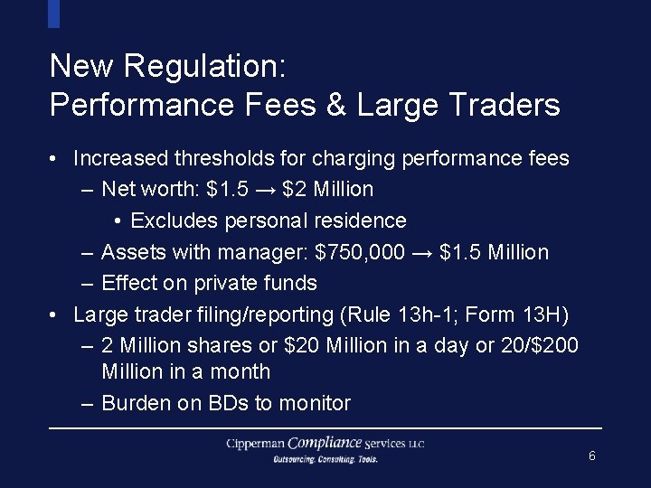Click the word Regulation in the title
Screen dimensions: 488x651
click(x=204, y=66)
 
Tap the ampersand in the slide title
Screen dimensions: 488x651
click(x=335, y=106)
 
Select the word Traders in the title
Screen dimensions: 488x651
click(x=504, y=106)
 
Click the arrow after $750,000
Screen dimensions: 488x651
click(x=422, y=253)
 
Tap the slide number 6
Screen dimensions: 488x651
click(x=591, y=456)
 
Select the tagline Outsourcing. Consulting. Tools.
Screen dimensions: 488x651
click(x=325, y=459)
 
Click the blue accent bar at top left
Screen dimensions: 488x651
click(x=53, y=14)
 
